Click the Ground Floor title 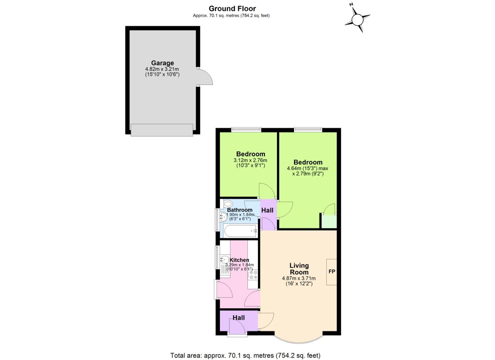tap(232, 8)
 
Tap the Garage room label tap(162, 63)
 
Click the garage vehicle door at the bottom tap(162, 130)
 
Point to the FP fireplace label tap(332, 272)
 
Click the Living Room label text tap(299, 269)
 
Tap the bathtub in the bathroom tap(240, 231)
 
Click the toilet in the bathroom tap(228, 204)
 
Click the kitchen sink tap(224, 259)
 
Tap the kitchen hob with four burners tap(253, 275)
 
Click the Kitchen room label tap(239, 260)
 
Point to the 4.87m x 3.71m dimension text tap(299, 278)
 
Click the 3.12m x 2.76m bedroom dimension tap(250, 160)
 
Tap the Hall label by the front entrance tap(239, 318)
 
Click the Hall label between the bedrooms tap(267, 210)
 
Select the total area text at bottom tap(245, 355)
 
